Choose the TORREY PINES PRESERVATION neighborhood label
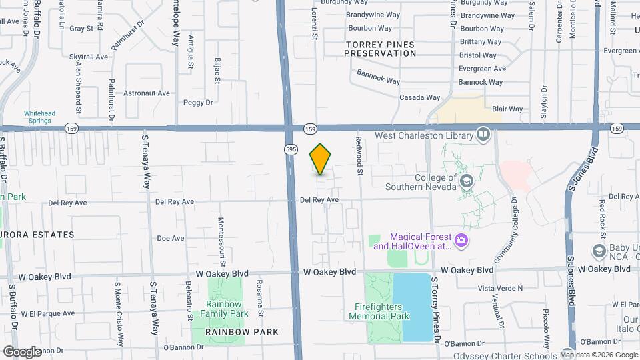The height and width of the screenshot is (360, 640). (381, 49)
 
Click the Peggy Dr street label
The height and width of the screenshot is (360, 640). (198, 103)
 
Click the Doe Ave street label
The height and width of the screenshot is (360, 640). (170, 238)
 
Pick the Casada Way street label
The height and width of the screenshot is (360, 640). (419, 97)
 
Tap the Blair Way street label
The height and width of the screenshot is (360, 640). (507, 109)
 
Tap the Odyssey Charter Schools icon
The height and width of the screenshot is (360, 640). (567, 354)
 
